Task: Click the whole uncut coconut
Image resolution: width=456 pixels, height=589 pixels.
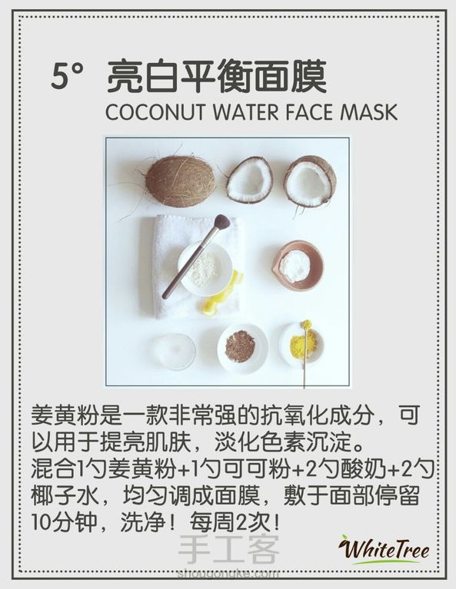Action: [x=181, y=182]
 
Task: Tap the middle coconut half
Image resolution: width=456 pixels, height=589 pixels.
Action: [x=249, y=180]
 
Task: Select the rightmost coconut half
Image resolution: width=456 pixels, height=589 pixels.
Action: [x=310, y=180]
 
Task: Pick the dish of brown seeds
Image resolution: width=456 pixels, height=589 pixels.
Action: [x=242, y=348]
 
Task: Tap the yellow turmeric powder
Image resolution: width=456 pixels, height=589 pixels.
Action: [x=301, y=346]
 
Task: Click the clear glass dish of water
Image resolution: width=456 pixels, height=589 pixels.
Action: [x=174, y=352]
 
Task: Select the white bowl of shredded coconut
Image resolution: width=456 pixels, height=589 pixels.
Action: [x=205, y=268]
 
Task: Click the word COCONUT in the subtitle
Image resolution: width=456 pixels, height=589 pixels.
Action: [x=155, y=112]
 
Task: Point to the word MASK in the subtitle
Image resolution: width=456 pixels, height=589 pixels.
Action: [x=368, y=112]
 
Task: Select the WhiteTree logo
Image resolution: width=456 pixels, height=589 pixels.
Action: [x=384, y=550]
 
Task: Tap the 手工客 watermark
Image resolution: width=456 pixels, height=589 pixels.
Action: [x=228, y=550]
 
